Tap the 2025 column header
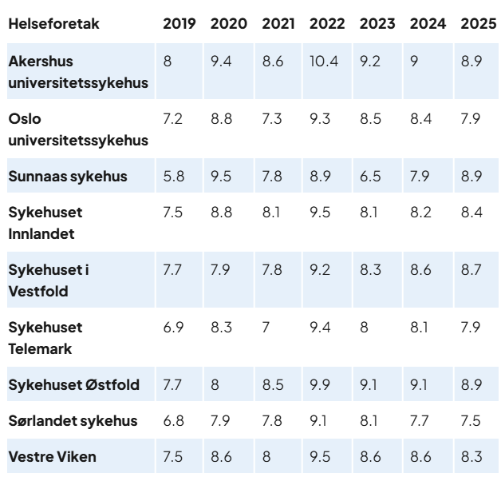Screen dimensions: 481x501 point(477,23)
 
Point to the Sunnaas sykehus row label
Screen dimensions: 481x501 point(68,177)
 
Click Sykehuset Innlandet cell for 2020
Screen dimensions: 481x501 point(221,213)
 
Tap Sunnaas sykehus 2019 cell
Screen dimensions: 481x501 point(173,177)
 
